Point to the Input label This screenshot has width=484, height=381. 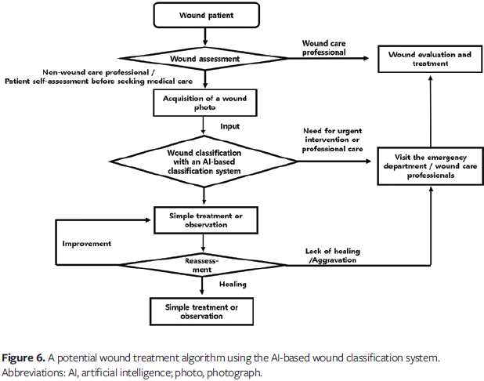coord(229,125)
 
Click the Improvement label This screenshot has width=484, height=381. coord(87,244)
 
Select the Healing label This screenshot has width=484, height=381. coord(233,285)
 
